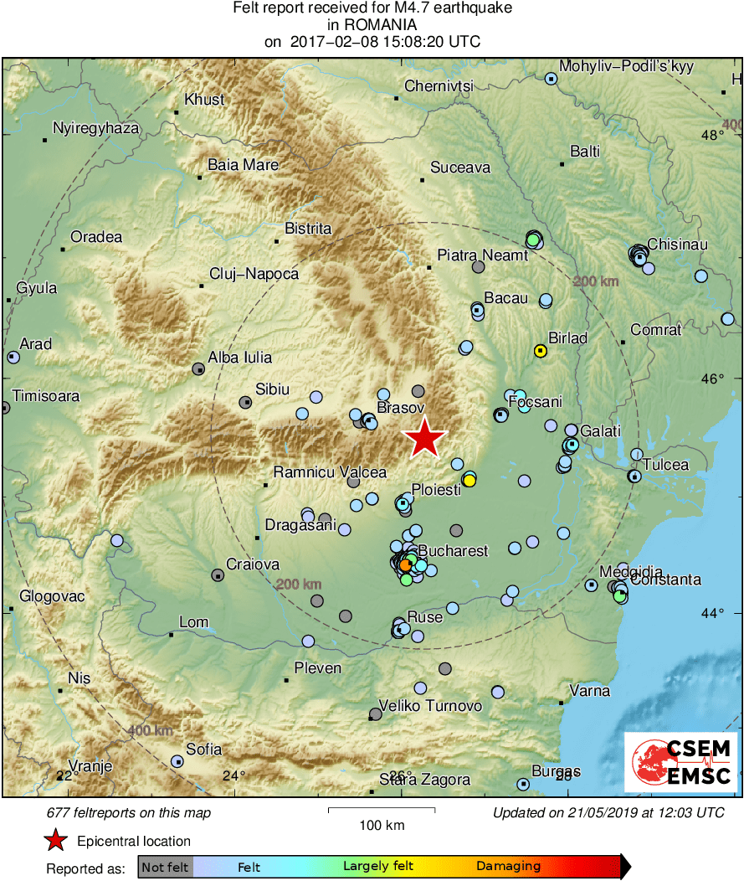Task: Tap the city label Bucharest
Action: click(452, 551)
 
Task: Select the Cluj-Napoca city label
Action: click(254, 274)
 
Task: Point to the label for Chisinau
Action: click(678, 245)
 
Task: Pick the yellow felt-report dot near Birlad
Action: click(541, 351)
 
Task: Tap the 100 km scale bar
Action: click(381, 810)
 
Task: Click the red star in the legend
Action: click(55, 840)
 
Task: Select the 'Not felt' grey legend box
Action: click(165, 867)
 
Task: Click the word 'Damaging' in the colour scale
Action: click(509, 867)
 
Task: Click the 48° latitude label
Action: click(713, 135)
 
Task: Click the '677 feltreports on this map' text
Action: click(129, 812)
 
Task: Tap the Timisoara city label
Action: click(40, 396)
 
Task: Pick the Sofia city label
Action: click(204, 750)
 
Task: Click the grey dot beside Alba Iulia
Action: click(198, 368)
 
